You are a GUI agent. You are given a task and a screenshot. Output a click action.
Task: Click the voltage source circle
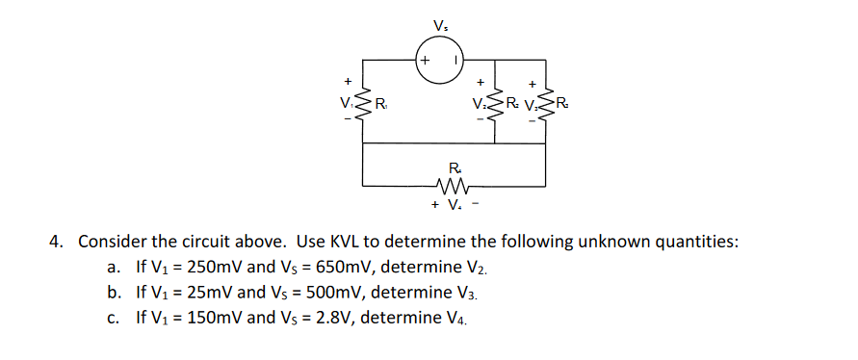click(440, 60)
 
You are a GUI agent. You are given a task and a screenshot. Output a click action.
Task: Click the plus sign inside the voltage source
click(425, 60)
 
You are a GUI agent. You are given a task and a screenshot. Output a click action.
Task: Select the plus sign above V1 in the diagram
click(347, 81)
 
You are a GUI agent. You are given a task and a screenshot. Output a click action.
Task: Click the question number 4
click(56, 242)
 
